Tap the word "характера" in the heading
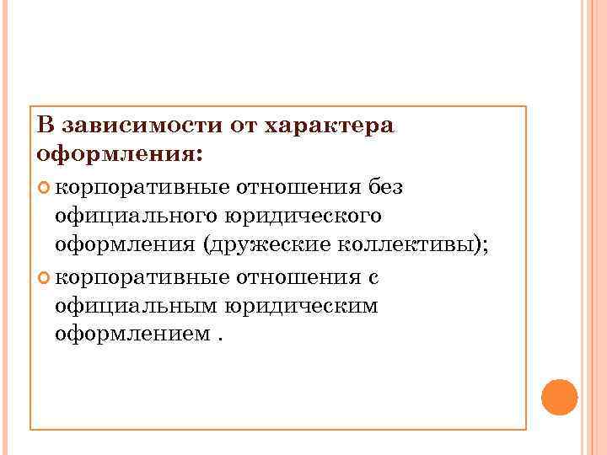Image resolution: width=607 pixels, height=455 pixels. pyautogui.click(x=329, y=126)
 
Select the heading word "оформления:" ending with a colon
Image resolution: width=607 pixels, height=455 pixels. pyautogui.click(x=121, y=155)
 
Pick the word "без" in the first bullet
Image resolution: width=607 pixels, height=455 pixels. pyautogui.click(x=385, y=186)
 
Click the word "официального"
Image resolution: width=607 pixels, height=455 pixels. pyautogui.click(x=134, y=216)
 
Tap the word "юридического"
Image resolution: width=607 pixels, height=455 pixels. pyautogui.click(x=303, y=216)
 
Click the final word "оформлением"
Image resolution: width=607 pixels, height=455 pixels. pyautogui.click(x=130, y=335)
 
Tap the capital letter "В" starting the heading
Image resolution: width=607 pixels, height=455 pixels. pyautogui.click(x=46, y=126)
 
